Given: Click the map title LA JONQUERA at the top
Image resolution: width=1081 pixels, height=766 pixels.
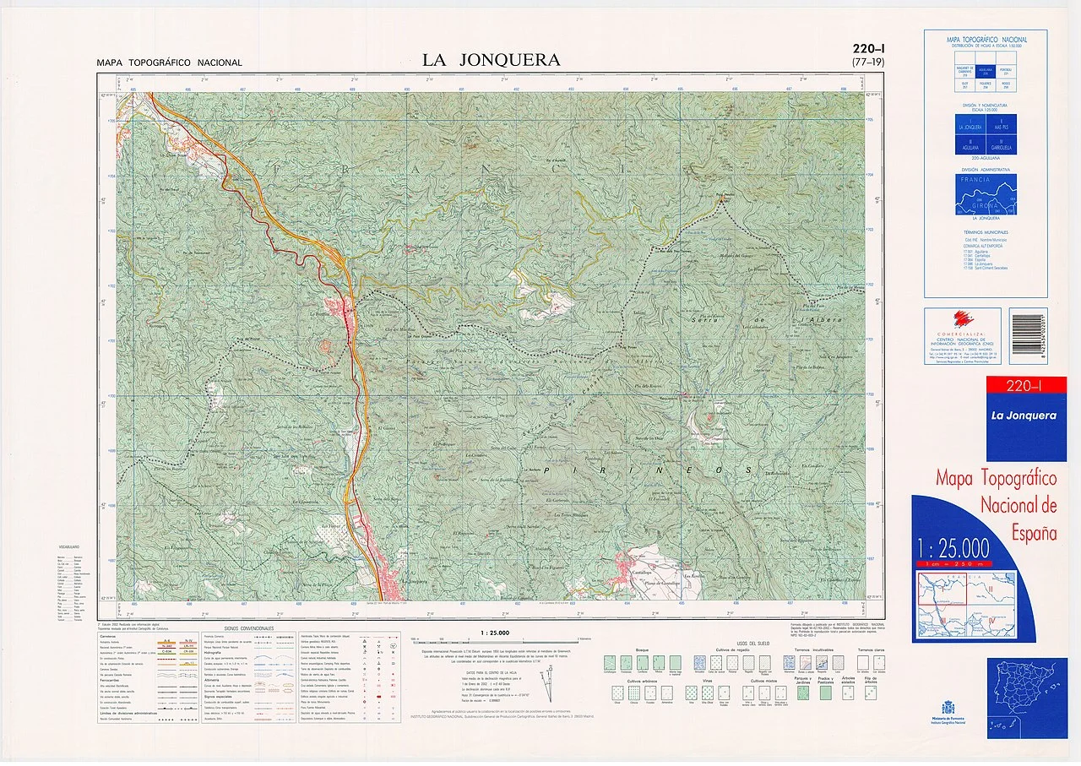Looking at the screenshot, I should pyautogui.click(x=491, y=60).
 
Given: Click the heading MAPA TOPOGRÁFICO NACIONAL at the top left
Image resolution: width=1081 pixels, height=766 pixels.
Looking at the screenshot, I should pyautogui.click(x=169, y=62).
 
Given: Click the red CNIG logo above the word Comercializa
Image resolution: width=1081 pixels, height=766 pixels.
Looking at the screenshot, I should pyautogui.click(x=963, y=320).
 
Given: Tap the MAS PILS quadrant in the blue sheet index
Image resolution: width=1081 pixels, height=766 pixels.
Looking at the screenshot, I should pyautogui.click(x=1002, y=127).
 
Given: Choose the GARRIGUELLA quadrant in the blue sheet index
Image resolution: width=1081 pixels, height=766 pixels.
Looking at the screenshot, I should pyautogui.click(x=1002, y=144).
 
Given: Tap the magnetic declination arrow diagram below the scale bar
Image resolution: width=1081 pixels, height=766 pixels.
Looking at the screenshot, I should pyautogui.click(x=549, y=682).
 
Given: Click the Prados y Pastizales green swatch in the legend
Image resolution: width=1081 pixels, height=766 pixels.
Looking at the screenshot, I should pyautogui.click(x=825, y=693).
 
